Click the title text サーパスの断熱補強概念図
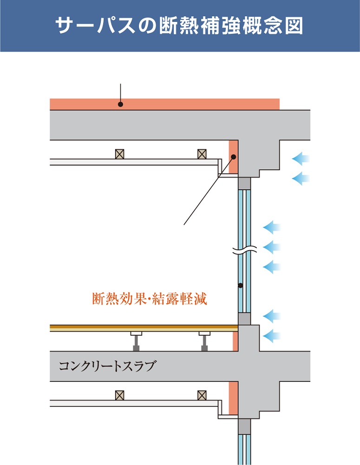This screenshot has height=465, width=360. (x=179, y=26)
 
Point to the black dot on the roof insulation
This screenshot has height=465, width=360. (x=120, y=104)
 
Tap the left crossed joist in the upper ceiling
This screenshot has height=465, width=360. (x=119, y=154)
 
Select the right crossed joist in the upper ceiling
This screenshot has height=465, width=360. (x=202, y=154)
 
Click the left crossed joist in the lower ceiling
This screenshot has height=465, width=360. (x=119, y=395)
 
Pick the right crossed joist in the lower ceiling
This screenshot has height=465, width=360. (x=202, y=395)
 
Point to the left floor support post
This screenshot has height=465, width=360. (x=136, y=343)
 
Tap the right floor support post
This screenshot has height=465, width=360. (x=204, y=343)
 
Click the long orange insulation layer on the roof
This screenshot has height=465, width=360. (x=186, y=104)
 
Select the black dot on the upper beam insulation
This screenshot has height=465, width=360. (x=234, y=157)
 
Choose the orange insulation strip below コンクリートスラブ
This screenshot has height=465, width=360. (x=233, y=398)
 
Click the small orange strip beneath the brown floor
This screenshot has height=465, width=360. (x=235, y=341)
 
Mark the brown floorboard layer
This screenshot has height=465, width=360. (x=139, y=328)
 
